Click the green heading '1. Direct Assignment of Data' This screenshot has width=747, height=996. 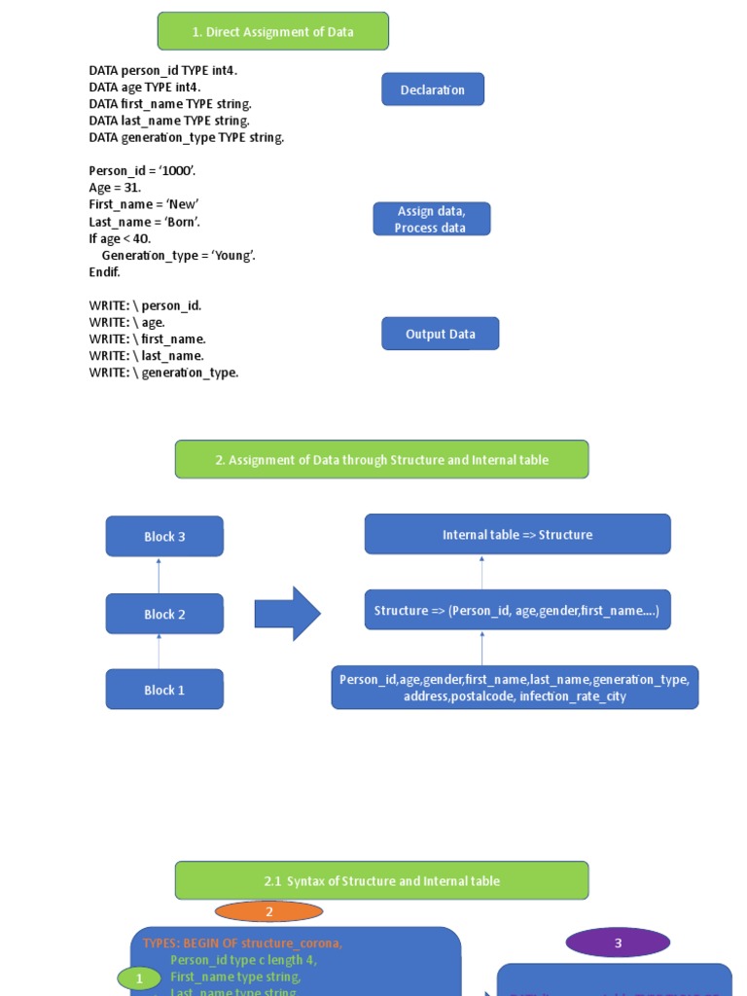(272, 32)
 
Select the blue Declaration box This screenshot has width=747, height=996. (433, 89)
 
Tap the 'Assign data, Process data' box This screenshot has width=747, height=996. (431, 219)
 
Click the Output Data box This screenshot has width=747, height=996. (440, 334)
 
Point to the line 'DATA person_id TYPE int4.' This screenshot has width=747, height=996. (162, 71)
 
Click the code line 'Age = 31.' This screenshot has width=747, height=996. (115, 188)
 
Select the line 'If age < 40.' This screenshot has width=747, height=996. (120, 238)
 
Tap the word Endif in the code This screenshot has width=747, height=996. (104, 272)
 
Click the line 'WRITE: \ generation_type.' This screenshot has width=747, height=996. (163, 373)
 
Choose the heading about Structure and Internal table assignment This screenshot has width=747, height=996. (381, 459)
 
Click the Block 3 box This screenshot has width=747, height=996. (164, 536)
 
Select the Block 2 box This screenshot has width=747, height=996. (164, 614)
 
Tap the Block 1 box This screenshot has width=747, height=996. (164, 690)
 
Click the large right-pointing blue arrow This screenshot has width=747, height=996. (287, 614)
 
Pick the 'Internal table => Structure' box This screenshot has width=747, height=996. (516, 534)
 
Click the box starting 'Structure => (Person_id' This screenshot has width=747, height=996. (516, 610)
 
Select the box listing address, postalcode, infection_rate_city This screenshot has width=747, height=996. (515, 688)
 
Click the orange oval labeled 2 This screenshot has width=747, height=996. (268, 911)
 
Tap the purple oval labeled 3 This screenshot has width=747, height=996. (618, 943)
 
